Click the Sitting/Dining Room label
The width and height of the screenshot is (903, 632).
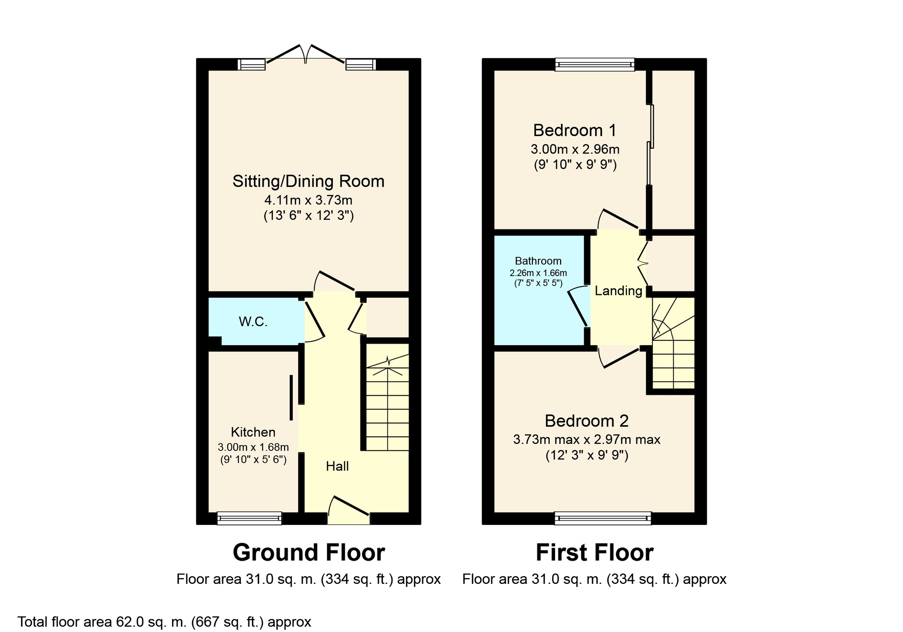point(308,182)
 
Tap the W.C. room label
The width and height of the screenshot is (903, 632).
point(253,322)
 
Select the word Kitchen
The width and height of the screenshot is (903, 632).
point(253,432)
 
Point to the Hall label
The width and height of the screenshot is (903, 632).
point(337,467)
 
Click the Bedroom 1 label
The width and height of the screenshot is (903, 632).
point(575,130)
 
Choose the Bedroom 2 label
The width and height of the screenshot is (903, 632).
point(586,421)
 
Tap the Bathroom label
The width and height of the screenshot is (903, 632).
point(538,261)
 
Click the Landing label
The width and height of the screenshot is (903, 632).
point(618,291)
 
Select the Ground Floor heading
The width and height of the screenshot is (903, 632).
point(309,553)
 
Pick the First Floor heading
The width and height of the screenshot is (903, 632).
point(594,553)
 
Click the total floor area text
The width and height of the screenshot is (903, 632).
point(164,622)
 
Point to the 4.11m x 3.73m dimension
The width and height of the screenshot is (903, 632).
point(308,200)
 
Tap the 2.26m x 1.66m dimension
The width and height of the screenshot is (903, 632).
point(538,273)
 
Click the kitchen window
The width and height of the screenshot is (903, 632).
point(249,518)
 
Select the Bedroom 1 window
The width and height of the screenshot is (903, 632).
point(594,65)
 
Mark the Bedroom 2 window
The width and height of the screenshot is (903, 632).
point(603,518)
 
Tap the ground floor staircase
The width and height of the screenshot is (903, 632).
point(388,397)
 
